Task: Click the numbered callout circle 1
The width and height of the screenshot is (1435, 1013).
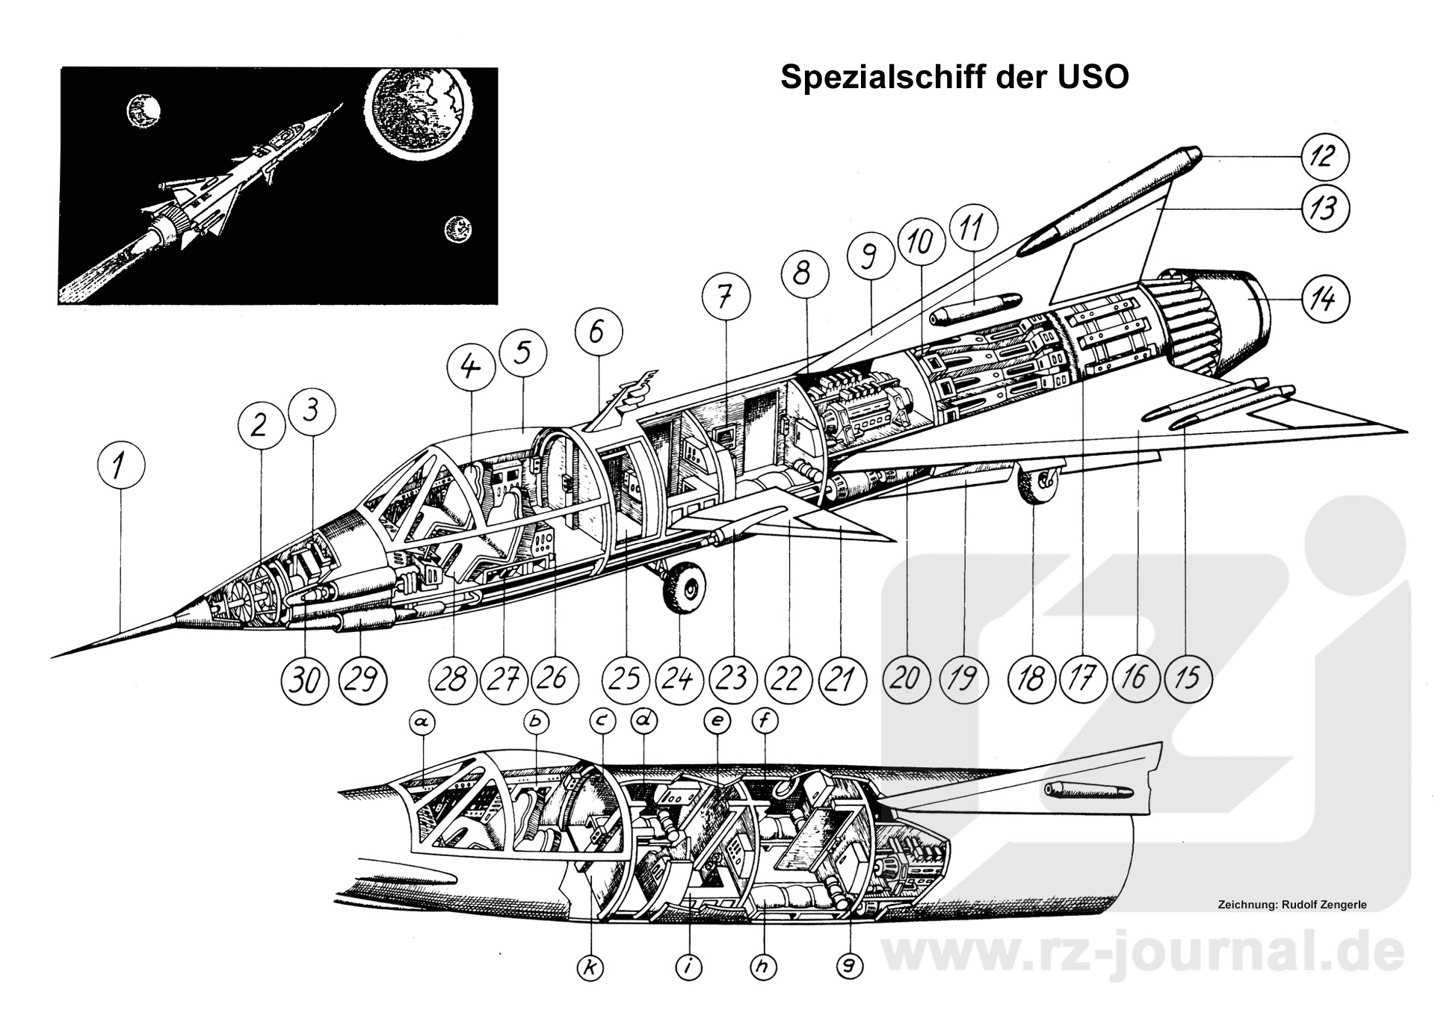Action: [x=120, y=467]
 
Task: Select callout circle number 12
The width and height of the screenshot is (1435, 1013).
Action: [x=1324, y=157]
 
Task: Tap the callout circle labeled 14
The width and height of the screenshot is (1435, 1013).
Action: [x=1324, y=299]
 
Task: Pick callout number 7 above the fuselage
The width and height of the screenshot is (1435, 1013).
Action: [x=726, y=297]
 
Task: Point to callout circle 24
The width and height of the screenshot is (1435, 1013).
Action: [x=679, y=680]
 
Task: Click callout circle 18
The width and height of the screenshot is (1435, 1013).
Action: [x=1031, y=680]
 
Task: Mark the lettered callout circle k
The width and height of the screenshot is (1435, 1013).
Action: [x=590, y=968]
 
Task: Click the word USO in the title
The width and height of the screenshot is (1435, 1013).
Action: [x=1092, y=78]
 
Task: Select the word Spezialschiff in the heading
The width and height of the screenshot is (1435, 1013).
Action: [x=879, y=78]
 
